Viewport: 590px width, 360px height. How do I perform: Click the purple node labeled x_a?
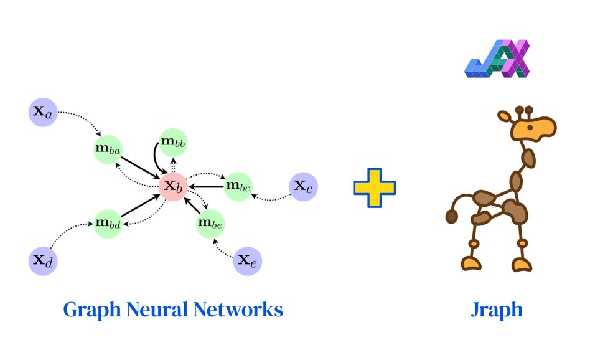(x=43, y=113)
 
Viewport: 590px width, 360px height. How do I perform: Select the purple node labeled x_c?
(x=304, y=186)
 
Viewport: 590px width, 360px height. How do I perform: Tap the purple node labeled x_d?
(x=43, y=260)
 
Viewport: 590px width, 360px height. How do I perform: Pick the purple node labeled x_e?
(x=248, y=260)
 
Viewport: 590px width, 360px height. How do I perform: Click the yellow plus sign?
(x=375, y=187)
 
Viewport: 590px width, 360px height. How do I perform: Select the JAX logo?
(x=497, y=59)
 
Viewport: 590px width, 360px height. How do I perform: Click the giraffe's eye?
(x=529, y=128)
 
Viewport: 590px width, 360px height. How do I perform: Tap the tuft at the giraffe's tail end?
(x=452, y=217)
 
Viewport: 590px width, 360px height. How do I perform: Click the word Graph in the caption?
(x=93, y=310)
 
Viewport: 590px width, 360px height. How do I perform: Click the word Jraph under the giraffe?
(x=496, y=310)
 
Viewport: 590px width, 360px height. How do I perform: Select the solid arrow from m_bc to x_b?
(x=207, y=186)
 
